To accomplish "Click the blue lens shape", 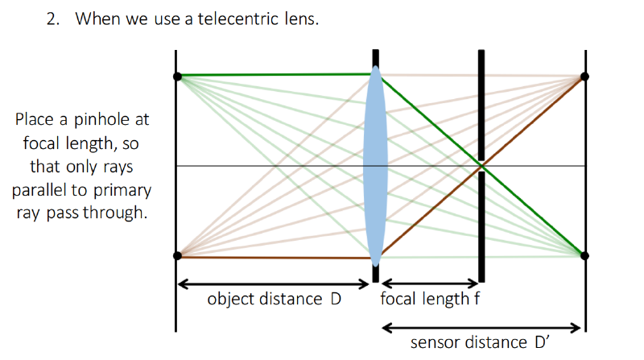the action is click(375, 166).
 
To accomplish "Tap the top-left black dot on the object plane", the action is click(177, 77).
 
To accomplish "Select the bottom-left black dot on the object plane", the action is click(177, 255).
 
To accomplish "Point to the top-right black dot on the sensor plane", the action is click(584, 77).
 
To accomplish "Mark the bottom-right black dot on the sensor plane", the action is click(584, 255).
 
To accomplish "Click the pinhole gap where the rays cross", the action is click(481, 166).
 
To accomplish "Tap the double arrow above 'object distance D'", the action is click(274, 284).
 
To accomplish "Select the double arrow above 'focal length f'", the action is click(430, 283).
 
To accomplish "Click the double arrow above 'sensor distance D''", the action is click(481, 328).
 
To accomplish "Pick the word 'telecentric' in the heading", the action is click(238, 19).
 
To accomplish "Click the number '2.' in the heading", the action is click(53, 19).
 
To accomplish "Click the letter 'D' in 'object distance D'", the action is click(336, 299).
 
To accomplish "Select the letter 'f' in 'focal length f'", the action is click(477, 298).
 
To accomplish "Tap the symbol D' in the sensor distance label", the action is click(542, 342).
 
